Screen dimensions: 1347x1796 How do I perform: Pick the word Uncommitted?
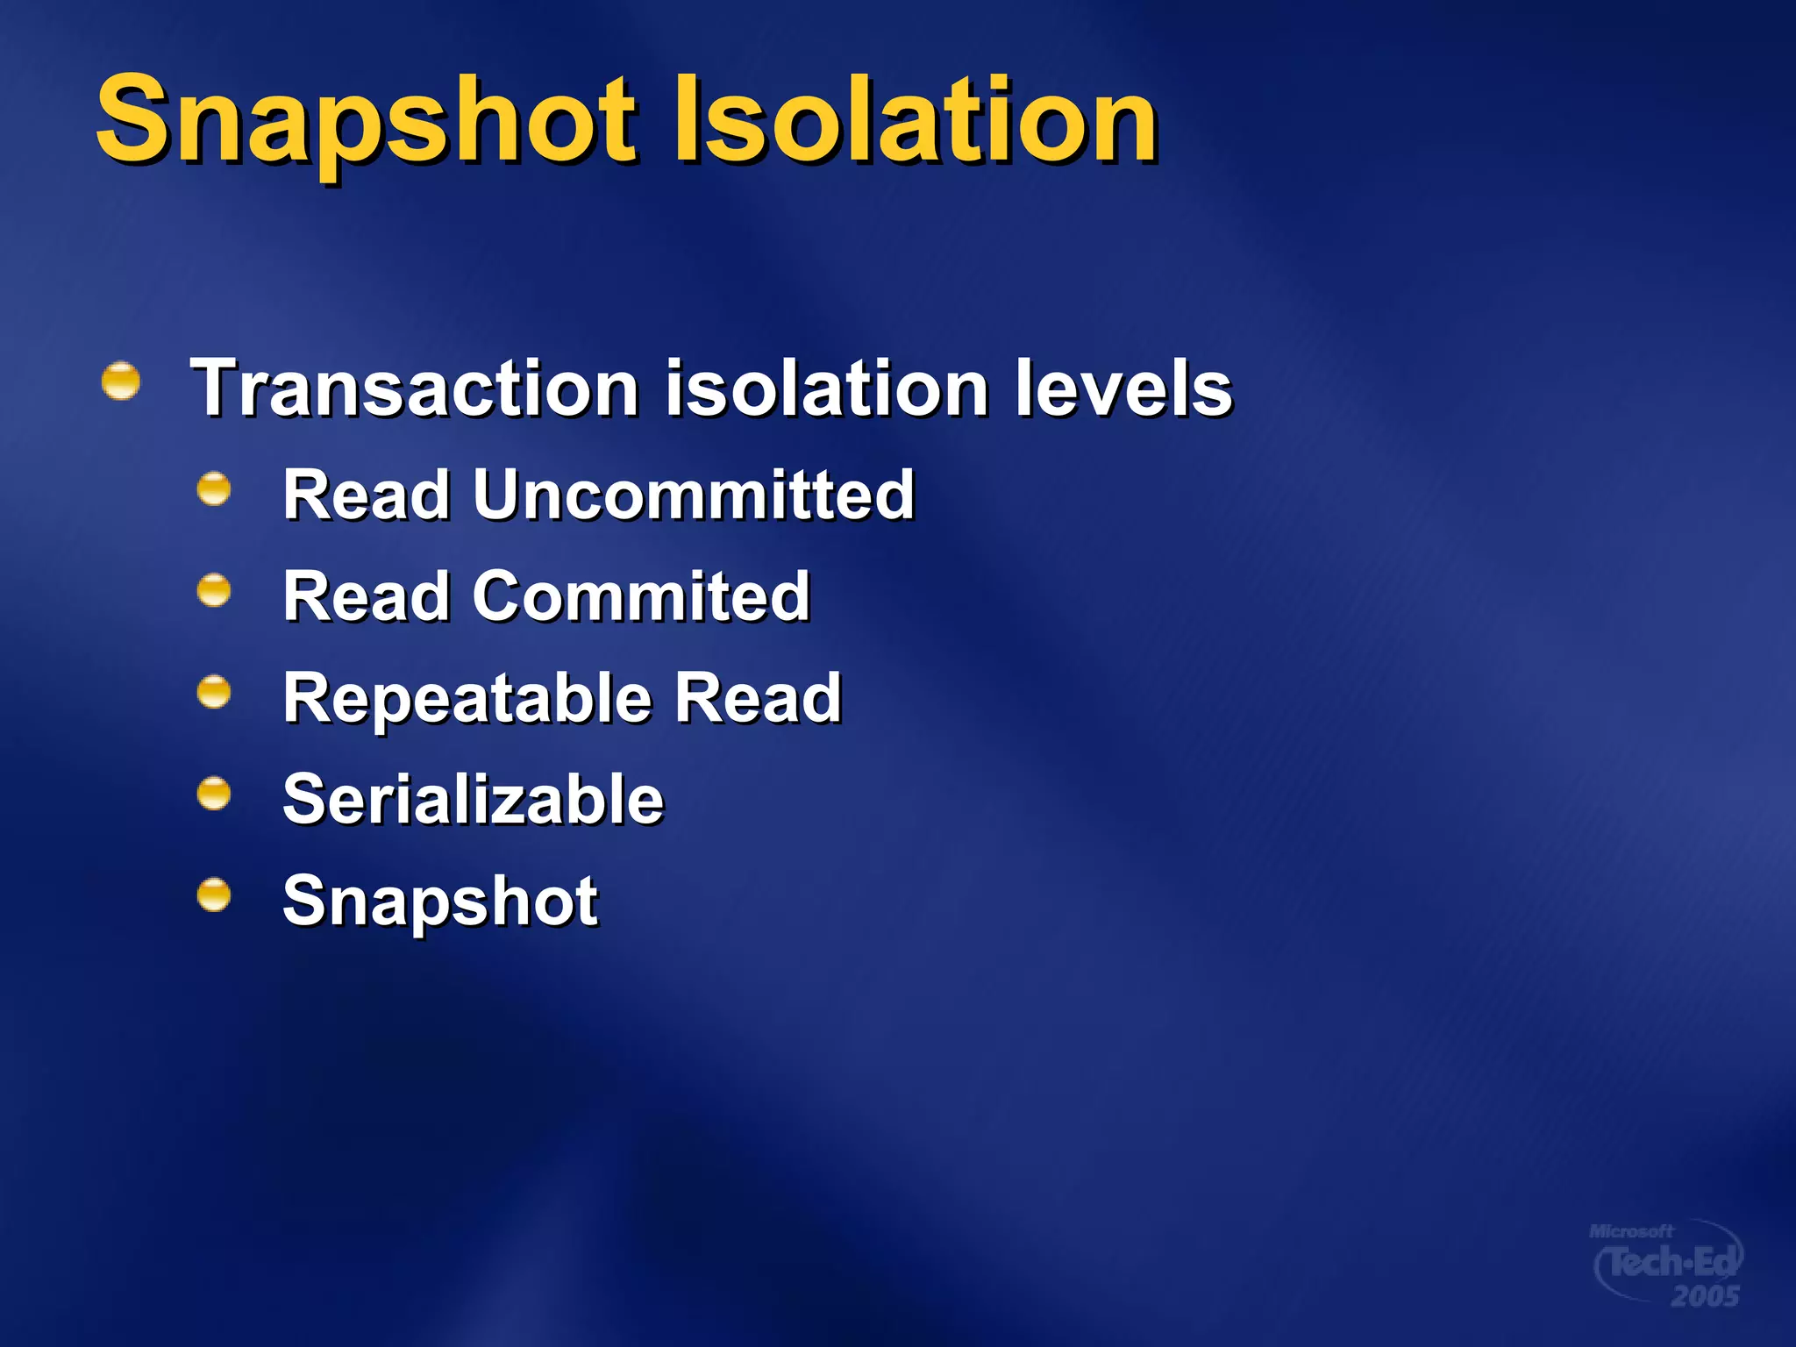(694, 495)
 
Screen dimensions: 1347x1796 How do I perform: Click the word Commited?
(641, 596)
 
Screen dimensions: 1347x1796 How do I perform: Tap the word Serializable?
(474, 800)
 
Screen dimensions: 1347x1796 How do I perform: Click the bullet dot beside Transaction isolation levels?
(121, 381)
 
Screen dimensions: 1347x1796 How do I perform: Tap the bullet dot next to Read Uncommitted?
(214, 489)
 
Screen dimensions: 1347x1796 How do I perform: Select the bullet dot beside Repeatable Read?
(214, 693)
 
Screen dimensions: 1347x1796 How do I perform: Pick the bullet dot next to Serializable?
(214, 795)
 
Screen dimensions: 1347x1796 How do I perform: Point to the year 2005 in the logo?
(1705, 1296)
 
